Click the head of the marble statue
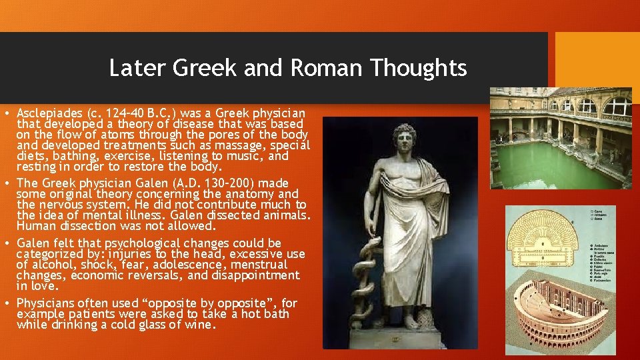point(405,137)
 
